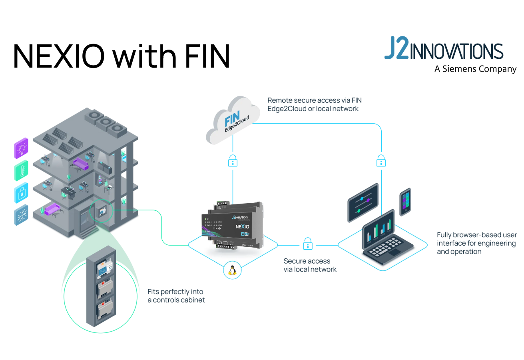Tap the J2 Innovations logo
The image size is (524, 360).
click(444, 49)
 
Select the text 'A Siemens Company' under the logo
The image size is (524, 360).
click(475, 69)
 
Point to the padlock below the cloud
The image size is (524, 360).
click(233, 161)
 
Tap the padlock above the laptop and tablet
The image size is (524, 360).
click(381, 161)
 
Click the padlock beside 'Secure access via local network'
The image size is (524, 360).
click(307, 243)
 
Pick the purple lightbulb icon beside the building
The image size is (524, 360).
click(21, 148)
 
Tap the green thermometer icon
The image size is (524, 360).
click(21, 172)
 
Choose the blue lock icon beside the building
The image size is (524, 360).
click(21, 194)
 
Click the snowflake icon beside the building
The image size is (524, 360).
click(21, 216)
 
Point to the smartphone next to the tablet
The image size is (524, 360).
click(405, 202)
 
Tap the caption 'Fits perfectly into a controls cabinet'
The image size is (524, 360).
click(176, 296)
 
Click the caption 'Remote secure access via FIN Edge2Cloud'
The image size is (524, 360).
click(314, 104)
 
